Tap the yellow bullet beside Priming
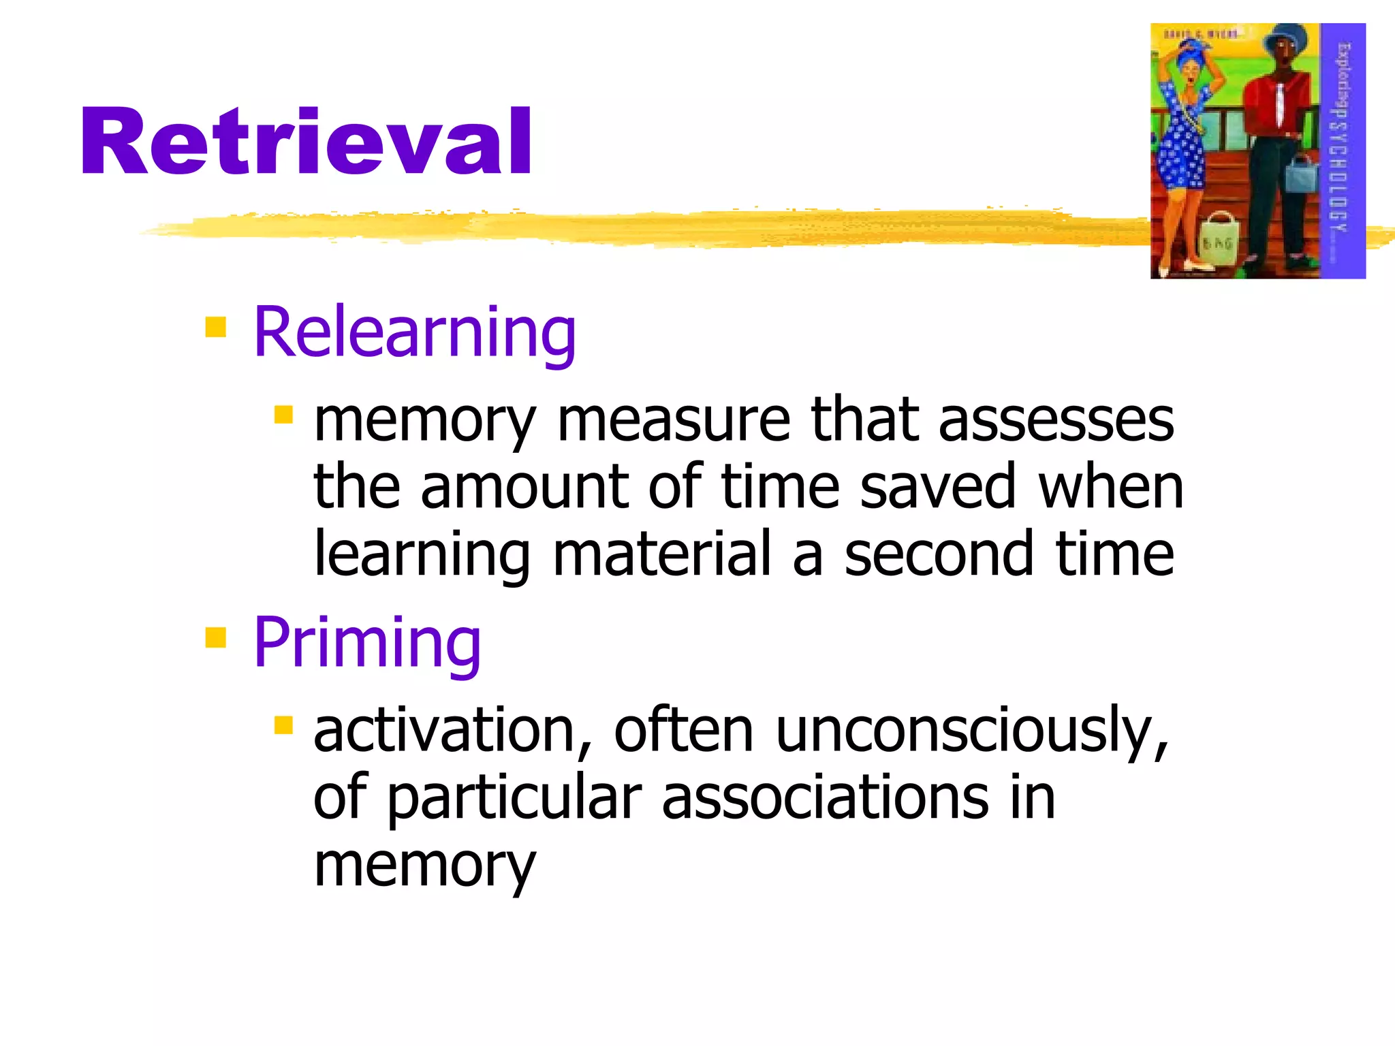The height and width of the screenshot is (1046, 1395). (x=215, y=637)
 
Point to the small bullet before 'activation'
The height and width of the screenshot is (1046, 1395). (x=283, y=725)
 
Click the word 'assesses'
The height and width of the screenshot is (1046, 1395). (x=1056, y=421)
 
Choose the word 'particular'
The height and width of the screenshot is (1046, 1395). (x=515, y=797)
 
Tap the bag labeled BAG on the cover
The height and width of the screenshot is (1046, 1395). (x=1217, y=240)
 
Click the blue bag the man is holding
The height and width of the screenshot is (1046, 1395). (x=1301, y=174)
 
